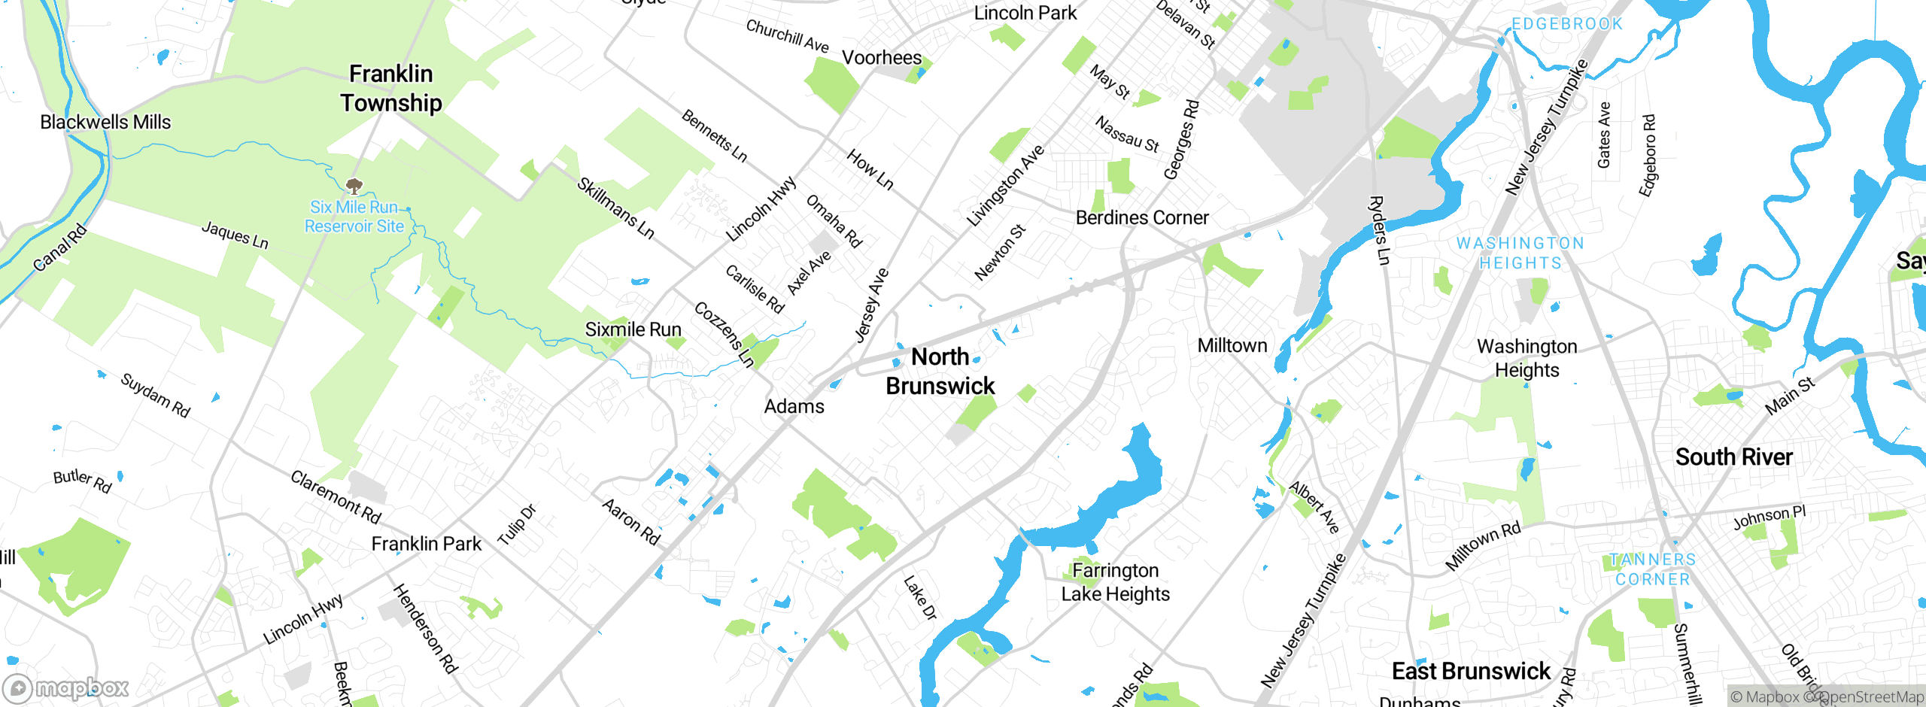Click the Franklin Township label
390,89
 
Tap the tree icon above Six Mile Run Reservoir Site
354,185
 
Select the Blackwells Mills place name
105,122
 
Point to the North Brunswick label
940,372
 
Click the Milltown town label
1232,346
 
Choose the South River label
1733,457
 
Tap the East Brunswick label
1471,671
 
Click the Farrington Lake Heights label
1116,582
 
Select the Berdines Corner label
1142,218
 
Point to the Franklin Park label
427,544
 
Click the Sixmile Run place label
633,329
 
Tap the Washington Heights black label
1527,358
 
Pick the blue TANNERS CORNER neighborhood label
1653,569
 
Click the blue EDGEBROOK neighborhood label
1567,24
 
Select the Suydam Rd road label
156,395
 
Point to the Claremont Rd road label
336,497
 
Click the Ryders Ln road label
1378,230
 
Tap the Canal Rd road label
60,249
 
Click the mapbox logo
66,688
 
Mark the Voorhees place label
882,58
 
